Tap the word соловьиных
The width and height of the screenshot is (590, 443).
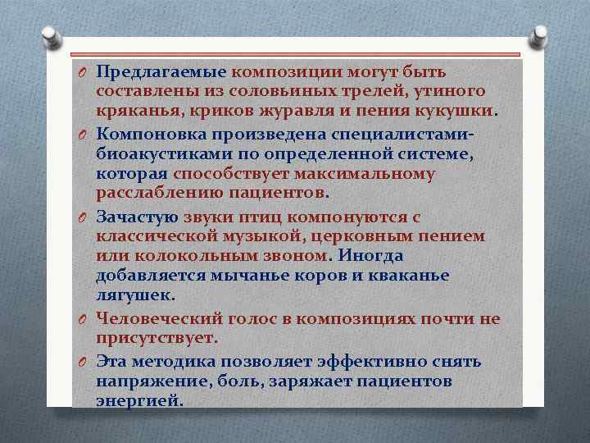point(247,91)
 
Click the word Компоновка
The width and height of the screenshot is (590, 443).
point(153,133)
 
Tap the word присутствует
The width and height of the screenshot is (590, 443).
point(157,338)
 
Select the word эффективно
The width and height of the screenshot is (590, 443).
point(369,361)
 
